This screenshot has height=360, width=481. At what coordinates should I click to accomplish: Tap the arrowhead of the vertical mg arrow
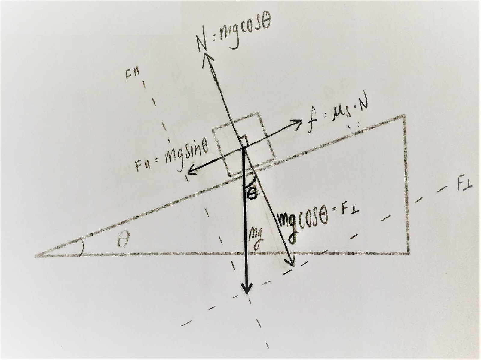point(247,291)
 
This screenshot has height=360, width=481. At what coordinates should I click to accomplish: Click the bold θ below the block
point(251,194)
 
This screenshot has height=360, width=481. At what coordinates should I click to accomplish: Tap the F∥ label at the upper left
point(132,75)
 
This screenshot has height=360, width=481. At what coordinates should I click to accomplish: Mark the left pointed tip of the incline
point(37,256)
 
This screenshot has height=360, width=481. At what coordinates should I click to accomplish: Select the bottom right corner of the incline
point(409,254)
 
